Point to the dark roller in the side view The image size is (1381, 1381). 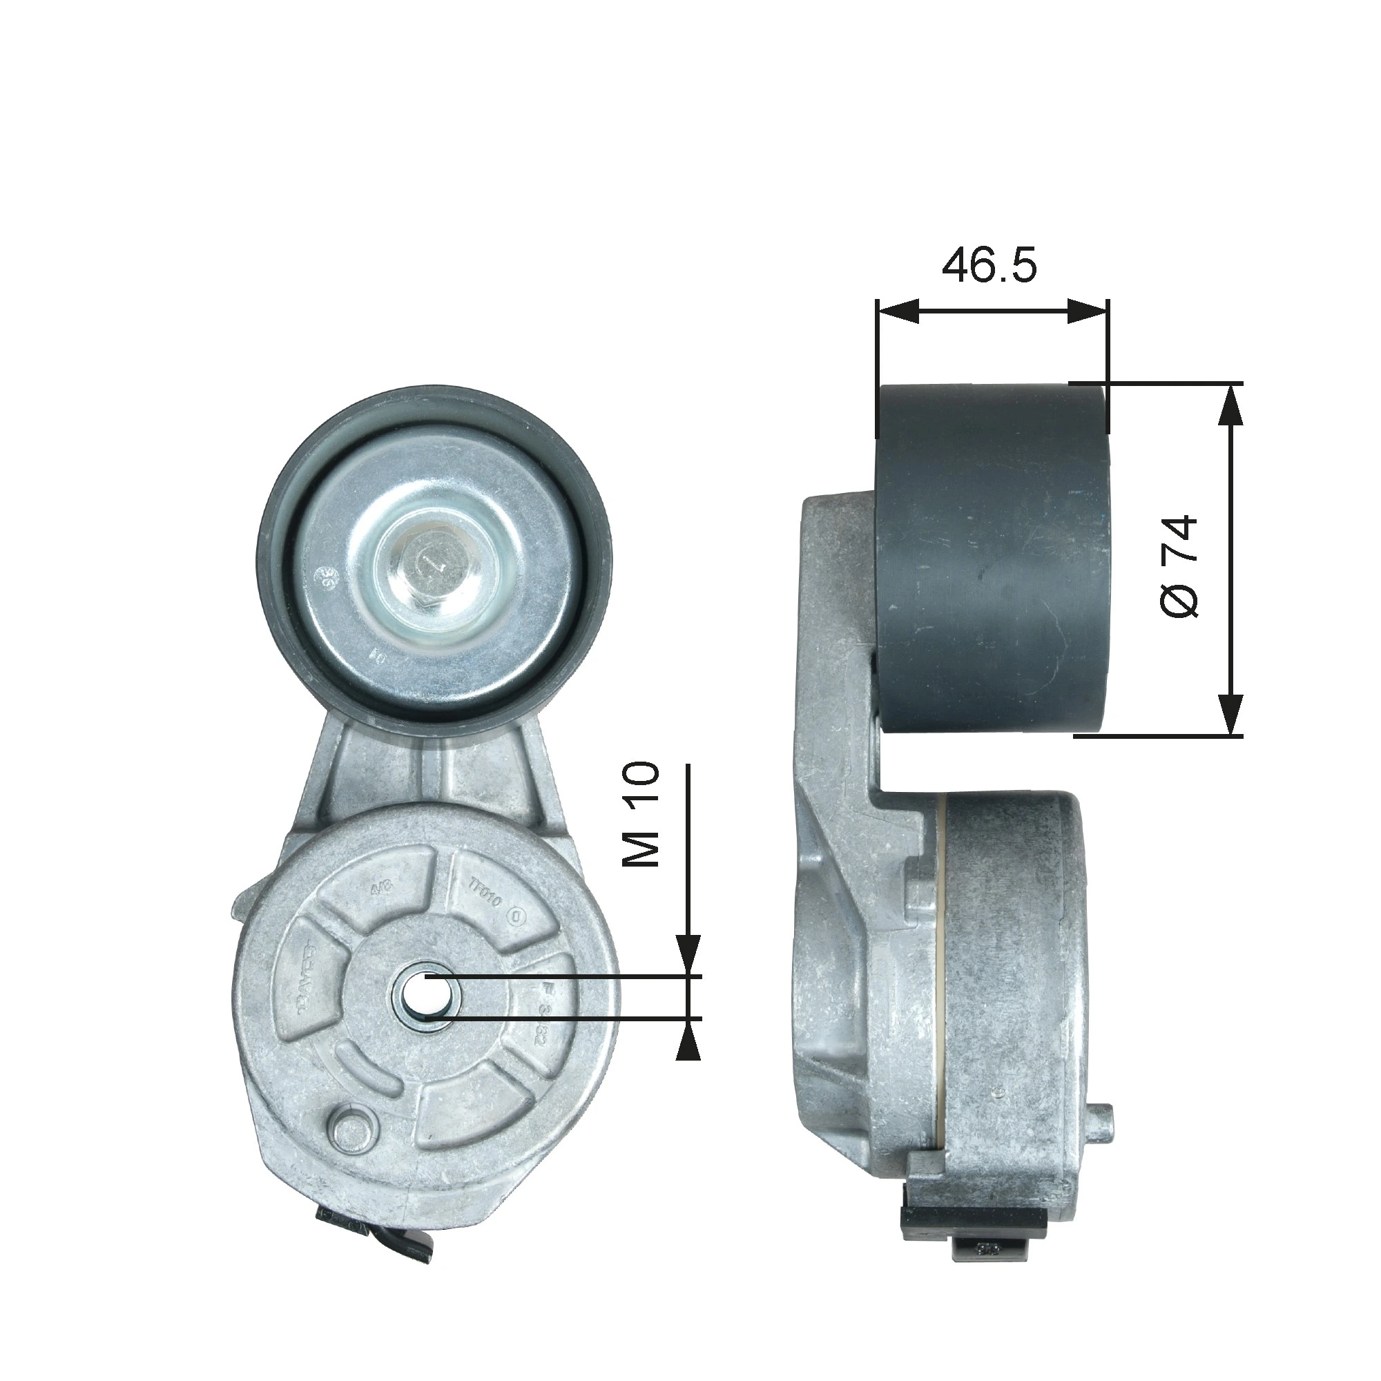pos(991,557)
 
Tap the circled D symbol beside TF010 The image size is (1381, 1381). pos(519,916)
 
